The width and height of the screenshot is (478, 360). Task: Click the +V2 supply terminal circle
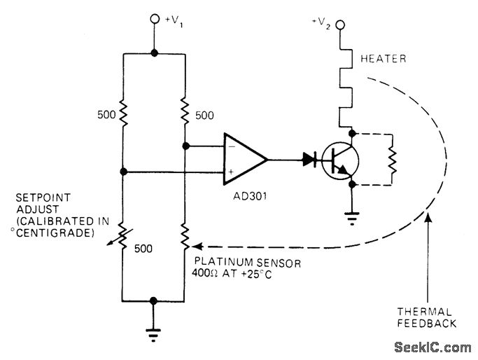(341, 27)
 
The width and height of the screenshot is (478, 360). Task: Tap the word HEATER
(383, 59)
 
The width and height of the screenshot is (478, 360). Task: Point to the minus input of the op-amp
(230, 148)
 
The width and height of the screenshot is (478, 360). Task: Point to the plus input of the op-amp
(230, 171)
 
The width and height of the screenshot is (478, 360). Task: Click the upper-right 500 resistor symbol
(184, 110)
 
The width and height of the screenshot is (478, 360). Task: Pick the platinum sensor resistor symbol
(184, 237)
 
